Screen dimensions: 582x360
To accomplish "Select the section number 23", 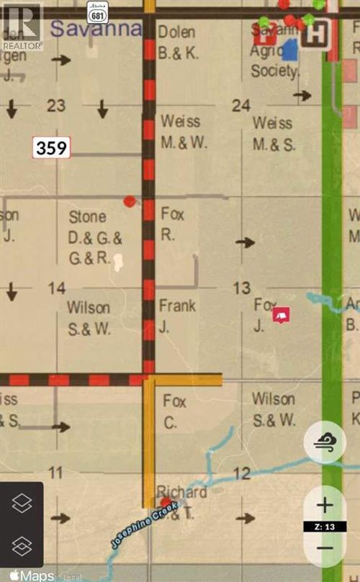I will coord(56,106).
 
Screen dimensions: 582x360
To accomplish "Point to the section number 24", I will coord(241,106).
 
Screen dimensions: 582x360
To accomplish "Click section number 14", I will coord(56,289).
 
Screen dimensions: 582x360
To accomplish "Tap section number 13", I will coord(241,289).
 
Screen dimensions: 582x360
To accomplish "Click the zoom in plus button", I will coord(325,505).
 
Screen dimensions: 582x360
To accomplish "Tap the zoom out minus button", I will coord(325,548).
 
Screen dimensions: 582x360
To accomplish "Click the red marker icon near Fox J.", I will coord(282,315).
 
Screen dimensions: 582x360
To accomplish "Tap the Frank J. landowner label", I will coord(177,314).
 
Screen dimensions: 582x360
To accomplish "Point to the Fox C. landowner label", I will coord(175,411).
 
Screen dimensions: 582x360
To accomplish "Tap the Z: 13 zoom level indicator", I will coord(325,527).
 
